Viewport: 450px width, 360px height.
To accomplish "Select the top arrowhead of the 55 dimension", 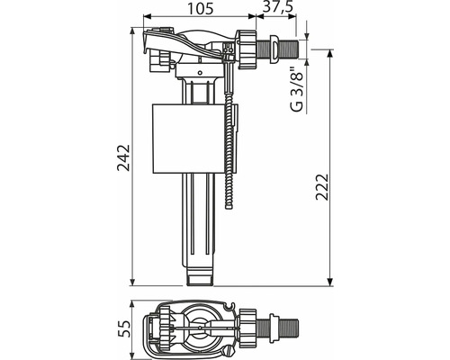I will pos(132,305).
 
